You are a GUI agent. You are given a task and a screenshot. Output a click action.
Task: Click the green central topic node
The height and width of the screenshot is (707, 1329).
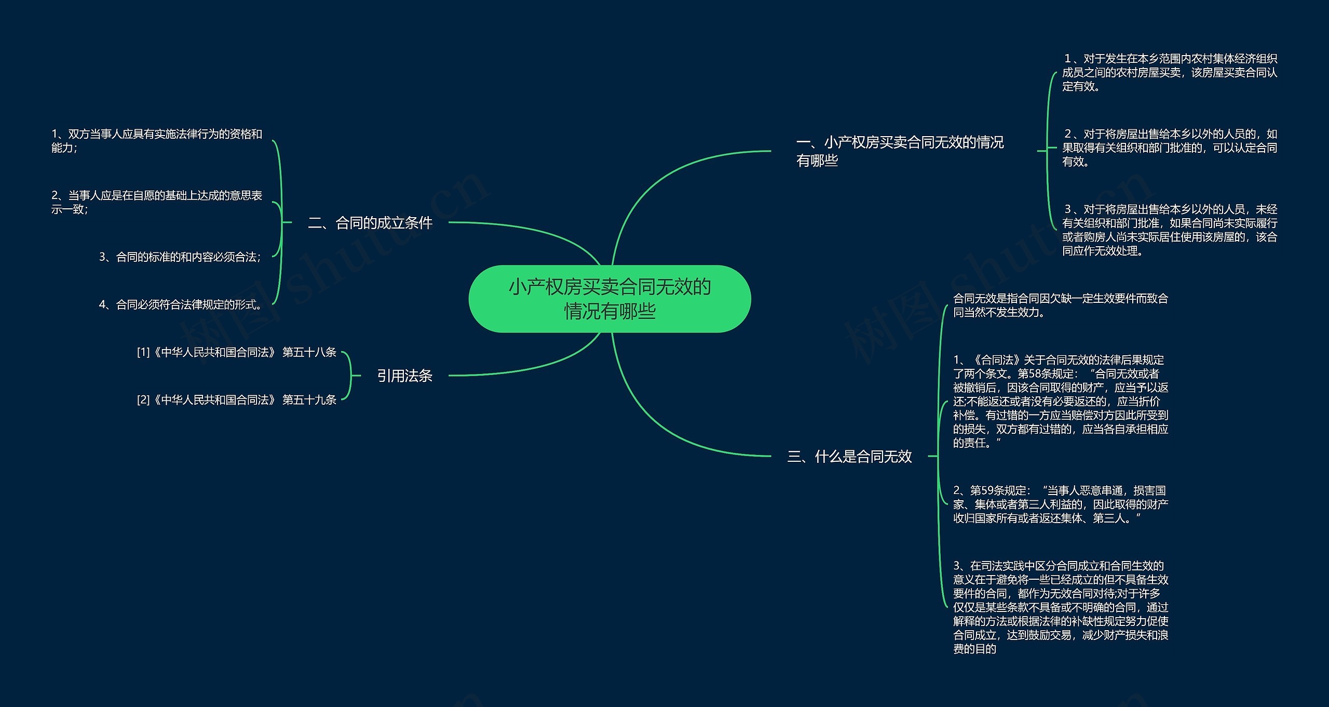(x=609, y=299)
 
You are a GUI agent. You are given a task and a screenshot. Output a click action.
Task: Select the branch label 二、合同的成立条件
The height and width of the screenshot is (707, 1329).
(x=370, y=223)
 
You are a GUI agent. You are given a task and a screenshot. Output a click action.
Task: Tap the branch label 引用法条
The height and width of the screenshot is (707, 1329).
(x=404, y=376)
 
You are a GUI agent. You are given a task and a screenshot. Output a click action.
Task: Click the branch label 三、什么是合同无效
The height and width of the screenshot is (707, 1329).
(x=849, y=456)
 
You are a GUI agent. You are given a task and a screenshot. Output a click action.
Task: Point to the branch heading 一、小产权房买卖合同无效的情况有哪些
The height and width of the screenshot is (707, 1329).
(x=900, y=151)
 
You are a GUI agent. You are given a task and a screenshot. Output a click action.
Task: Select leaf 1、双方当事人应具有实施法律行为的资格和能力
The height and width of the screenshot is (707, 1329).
(x=157, y=141)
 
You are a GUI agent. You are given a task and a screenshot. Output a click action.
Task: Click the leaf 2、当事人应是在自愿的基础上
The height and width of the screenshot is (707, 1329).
(x=157, y=202)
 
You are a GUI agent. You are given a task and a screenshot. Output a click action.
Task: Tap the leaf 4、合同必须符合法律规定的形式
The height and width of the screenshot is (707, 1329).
(x=180, y=304)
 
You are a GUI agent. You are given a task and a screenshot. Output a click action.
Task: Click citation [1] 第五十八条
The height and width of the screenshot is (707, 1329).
(x=237, y=352)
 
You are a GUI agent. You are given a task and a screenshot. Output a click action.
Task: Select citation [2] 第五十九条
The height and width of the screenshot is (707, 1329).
(x=237, y=399)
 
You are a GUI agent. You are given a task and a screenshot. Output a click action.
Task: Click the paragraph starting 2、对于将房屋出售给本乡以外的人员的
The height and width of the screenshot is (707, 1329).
(x=1169, y=148)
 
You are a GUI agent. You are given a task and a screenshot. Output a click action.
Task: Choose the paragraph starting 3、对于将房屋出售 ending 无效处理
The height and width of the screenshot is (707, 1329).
(x=1169, y=230)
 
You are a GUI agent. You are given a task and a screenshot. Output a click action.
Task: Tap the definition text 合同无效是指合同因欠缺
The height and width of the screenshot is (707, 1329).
(x=1060, y=305)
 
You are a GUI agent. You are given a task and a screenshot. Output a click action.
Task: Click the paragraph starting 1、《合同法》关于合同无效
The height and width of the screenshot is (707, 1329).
(x=1060, y=401)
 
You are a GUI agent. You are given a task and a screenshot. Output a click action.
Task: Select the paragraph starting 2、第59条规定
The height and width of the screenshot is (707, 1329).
(x=1060, y=504)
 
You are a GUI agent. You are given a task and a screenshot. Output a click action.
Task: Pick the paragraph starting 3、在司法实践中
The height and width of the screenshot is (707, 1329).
(x=1060, y=606)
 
